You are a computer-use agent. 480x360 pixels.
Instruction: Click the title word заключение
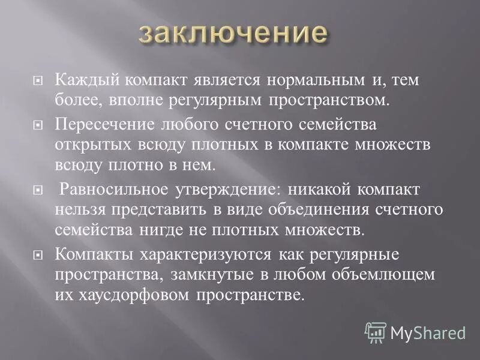coord(234,34)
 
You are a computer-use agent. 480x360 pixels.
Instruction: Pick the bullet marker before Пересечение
coord(38,127)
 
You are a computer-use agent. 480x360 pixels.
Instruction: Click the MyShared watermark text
coord(428,332)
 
